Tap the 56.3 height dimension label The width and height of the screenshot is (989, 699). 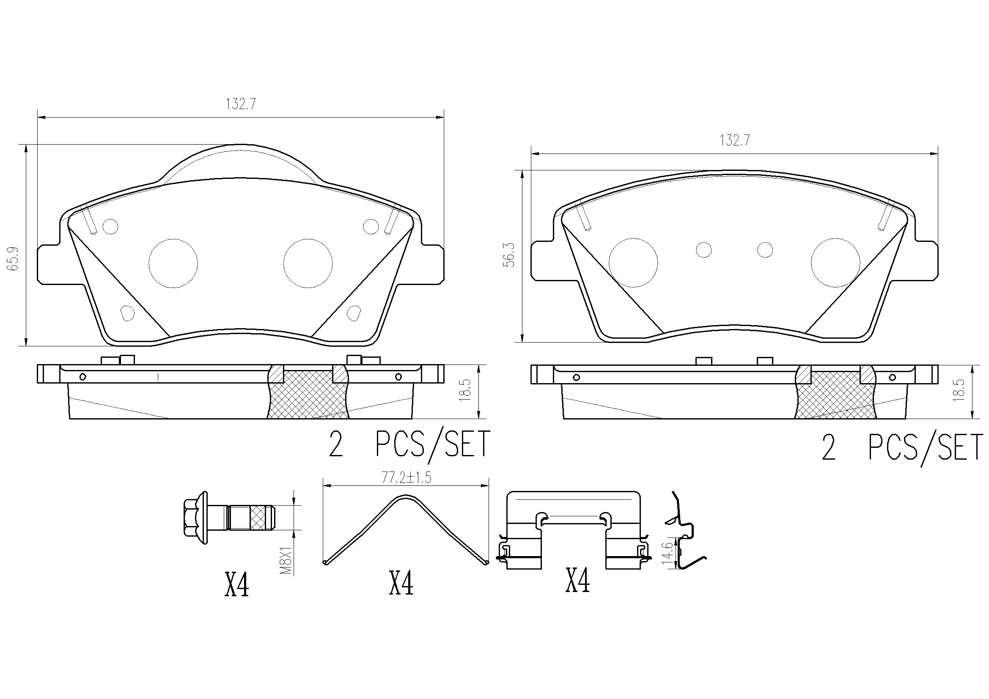[510, 255]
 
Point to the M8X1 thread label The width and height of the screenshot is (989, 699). [286, 559]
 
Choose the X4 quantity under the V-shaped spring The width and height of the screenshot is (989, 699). [401, 583]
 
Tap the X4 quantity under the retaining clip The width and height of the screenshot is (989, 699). [577, 581]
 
